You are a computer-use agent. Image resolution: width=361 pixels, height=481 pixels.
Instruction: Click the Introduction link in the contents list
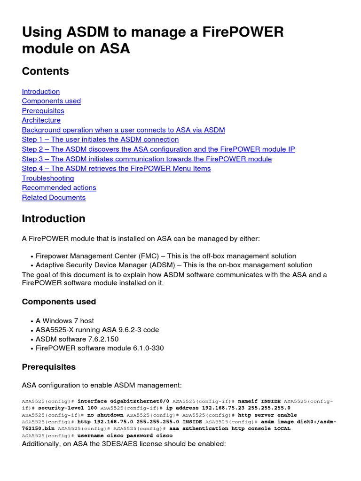[x=41, y=92]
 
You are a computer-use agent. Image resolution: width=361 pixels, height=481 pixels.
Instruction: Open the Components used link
[x=51, y=101]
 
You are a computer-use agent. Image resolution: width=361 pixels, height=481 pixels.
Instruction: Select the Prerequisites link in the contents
[x=43, y=111]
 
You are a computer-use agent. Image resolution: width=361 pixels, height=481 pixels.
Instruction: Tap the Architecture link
[x=41, y=120]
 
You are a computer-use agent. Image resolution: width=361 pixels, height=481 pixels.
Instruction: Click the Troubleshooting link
[x=48, y=178]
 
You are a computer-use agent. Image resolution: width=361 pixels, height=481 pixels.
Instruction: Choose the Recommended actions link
[x=59, y=188]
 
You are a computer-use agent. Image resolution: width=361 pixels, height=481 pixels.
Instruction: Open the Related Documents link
[x=54, y=198]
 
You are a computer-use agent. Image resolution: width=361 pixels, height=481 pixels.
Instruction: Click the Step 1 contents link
[x=100, y=140]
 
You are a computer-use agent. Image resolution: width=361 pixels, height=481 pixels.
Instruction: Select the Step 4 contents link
[x=116, y=169]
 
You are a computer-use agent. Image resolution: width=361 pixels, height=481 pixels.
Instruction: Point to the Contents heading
[x=46, y=71]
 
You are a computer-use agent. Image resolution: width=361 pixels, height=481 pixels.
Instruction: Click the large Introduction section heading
[x=54, y=219]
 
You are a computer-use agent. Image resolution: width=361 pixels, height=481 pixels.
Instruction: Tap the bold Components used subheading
[x=59, y=302]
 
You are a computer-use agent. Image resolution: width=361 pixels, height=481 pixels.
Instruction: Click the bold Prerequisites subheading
[x=49, y=367]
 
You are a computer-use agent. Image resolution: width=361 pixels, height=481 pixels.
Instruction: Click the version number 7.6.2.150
[x=103, y=339]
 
